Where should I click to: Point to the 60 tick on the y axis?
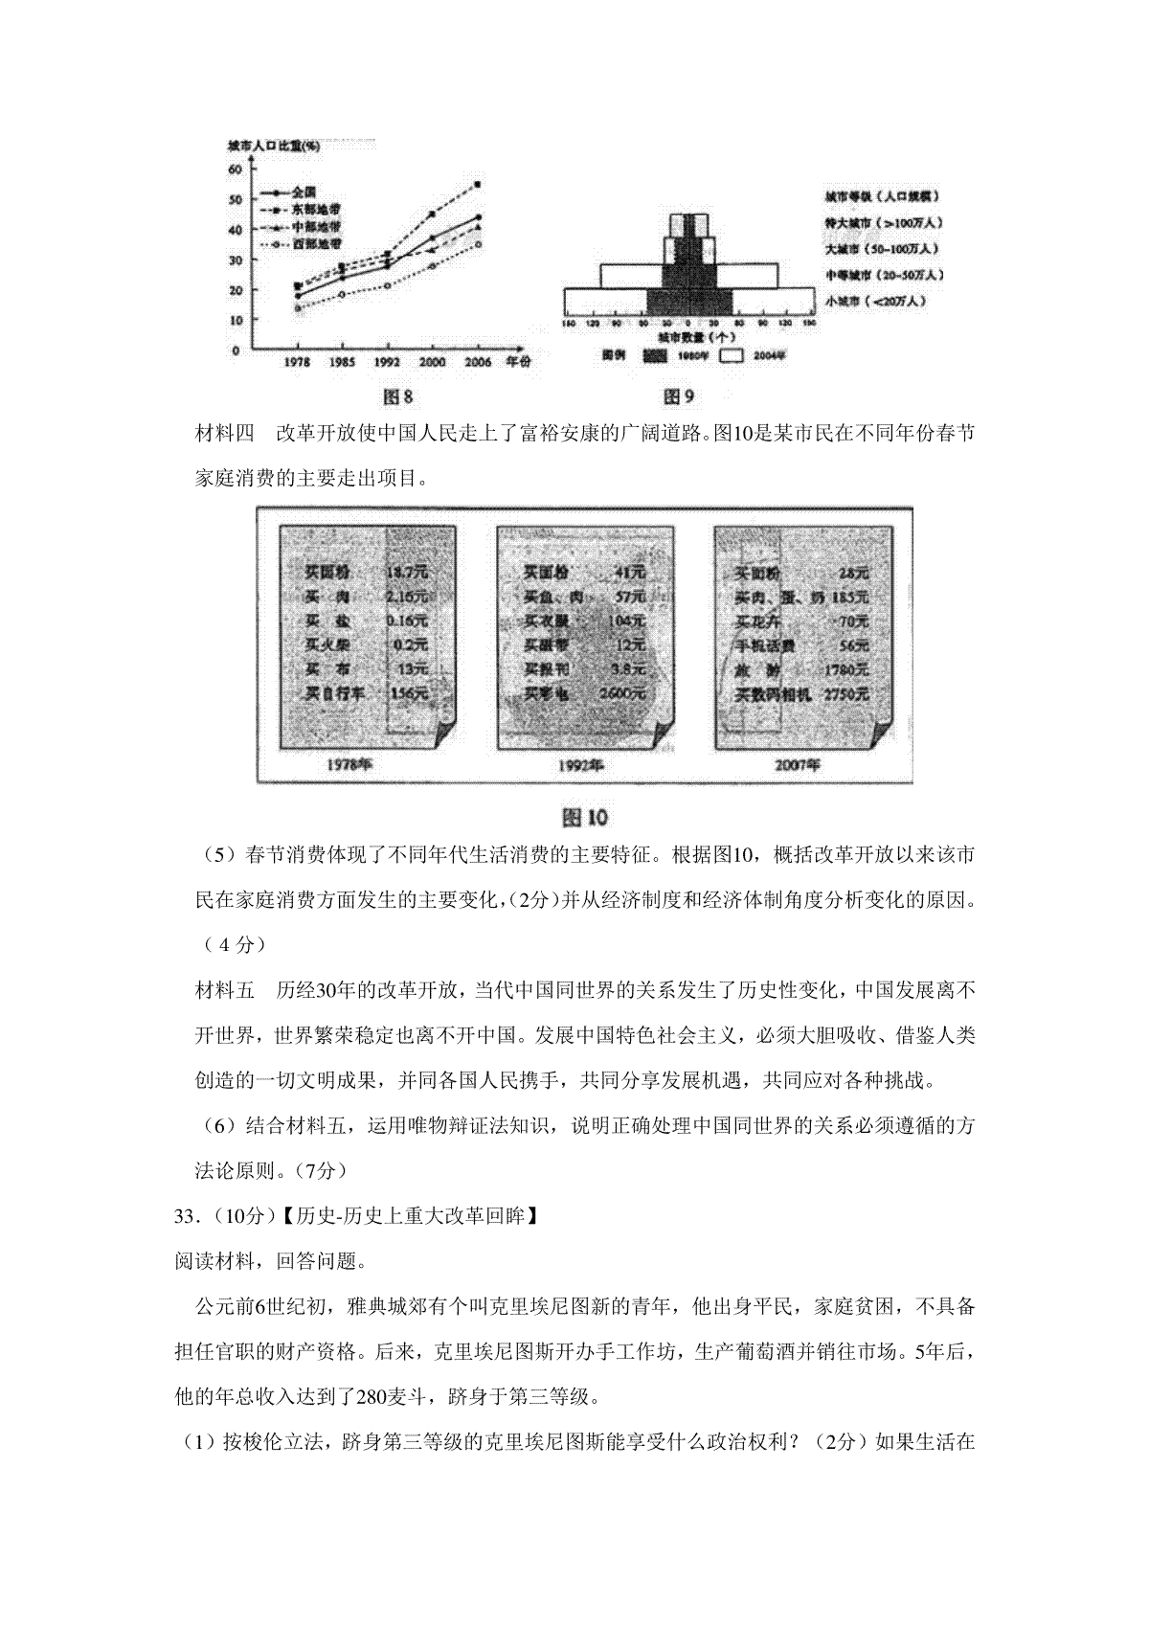pyautogui.click(x=236, y=169)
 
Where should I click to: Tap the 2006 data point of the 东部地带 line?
pyautogui.click(x=478, y=184)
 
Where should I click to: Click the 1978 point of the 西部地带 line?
pyautogui.click(x=297, y=308)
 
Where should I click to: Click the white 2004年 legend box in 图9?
pyautogui.click(x=732, y=354)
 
